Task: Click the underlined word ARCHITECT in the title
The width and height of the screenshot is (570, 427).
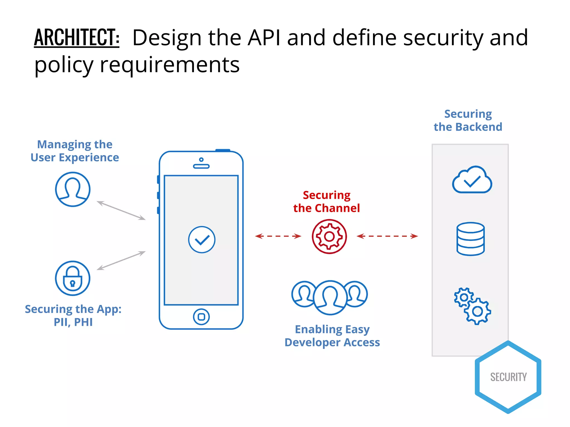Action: [77, 37]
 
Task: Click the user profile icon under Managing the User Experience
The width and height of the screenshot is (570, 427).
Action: [73, 189]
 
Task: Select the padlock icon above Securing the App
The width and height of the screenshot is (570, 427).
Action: [73, 278]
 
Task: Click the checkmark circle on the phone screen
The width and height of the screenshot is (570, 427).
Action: [202, 240]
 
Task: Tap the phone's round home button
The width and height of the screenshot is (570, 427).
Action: [201, 317]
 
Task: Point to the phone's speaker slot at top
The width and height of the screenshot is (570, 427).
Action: [201, 166]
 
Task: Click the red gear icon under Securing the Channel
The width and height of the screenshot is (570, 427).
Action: [329, 237]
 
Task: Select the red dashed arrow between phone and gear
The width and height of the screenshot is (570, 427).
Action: [278, 236]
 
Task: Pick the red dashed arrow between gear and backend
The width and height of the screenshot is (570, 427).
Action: [387, 236]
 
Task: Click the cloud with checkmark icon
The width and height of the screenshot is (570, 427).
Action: [472, 180]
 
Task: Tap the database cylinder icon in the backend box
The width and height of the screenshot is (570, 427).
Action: [470, 239]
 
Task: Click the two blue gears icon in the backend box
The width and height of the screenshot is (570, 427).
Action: [472, 306]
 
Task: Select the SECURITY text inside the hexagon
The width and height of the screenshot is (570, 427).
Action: [508, 377]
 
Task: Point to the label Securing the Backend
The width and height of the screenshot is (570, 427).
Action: [468, 120]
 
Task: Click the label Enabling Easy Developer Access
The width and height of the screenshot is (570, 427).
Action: [332, 336]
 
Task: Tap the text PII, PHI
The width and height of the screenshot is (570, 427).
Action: [73, 322]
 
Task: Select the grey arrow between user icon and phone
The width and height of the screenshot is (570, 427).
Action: [121, 210]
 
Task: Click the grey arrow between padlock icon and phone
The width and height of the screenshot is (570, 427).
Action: [121, 260]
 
